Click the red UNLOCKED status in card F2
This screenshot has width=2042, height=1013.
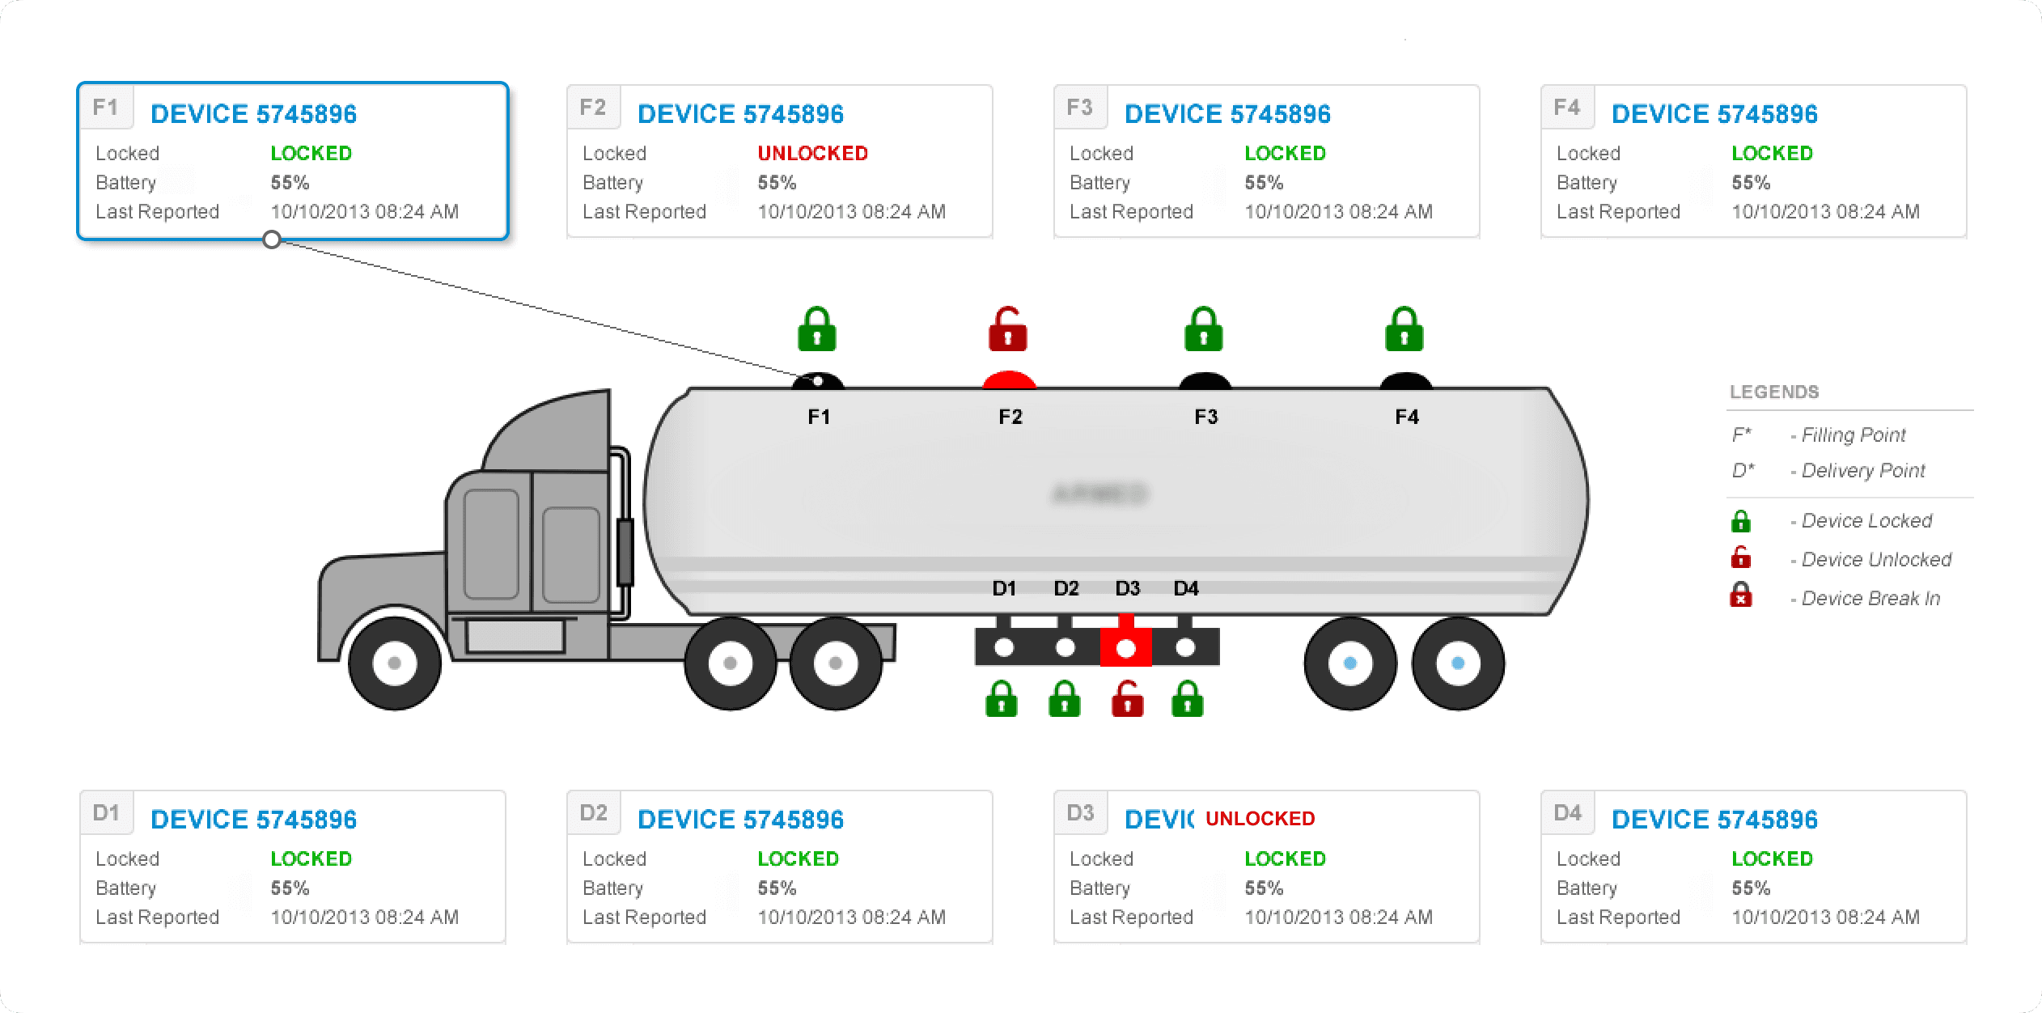812,153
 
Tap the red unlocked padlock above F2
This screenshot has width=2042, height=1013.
1008,329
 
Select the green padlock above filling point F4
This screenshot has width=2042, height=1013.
1404,329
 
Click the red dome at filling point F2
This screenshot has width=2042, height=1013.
1009,380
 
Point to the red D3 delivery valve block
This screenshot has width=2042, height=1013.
1125,646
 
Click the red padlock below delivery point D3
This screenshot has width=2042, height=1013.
1127,699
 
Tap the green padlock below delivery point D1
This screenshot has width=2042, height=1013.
1002,699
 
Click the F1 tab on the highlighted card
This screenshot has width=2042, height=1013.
106,108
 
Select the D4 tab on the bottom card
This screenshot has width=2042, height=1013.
1567,813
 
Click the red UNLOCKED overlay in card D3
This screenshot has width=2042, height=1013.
1260,819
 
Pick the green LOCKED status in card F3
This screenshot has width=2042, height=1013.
1285,153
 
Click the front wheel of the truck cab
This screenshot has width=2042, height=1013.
394,663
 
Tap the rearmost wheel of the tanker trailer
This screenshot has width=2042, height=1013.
1458,663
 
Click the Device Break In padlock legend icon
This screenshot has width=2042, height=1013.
1741,596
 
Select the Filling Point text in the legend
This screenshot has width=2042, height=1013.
1853,435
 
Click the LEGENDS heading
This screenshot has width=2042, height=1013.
1774,392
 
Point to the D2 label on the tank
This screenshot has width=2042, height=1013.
1065,589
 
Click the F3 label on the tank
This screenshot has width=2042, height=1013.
1205,417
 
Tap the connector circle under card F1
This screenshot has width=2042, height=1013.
272,239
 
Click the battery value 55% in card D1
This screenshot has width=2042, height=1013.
290,888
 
